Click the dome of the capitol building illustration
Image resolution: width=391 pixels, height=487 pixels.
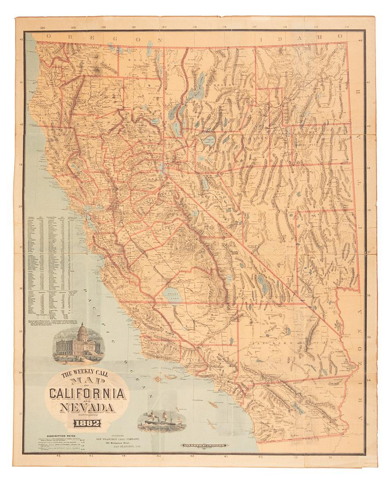82,332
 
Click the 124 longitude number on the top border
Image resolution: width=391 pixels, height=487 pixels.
42,27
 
